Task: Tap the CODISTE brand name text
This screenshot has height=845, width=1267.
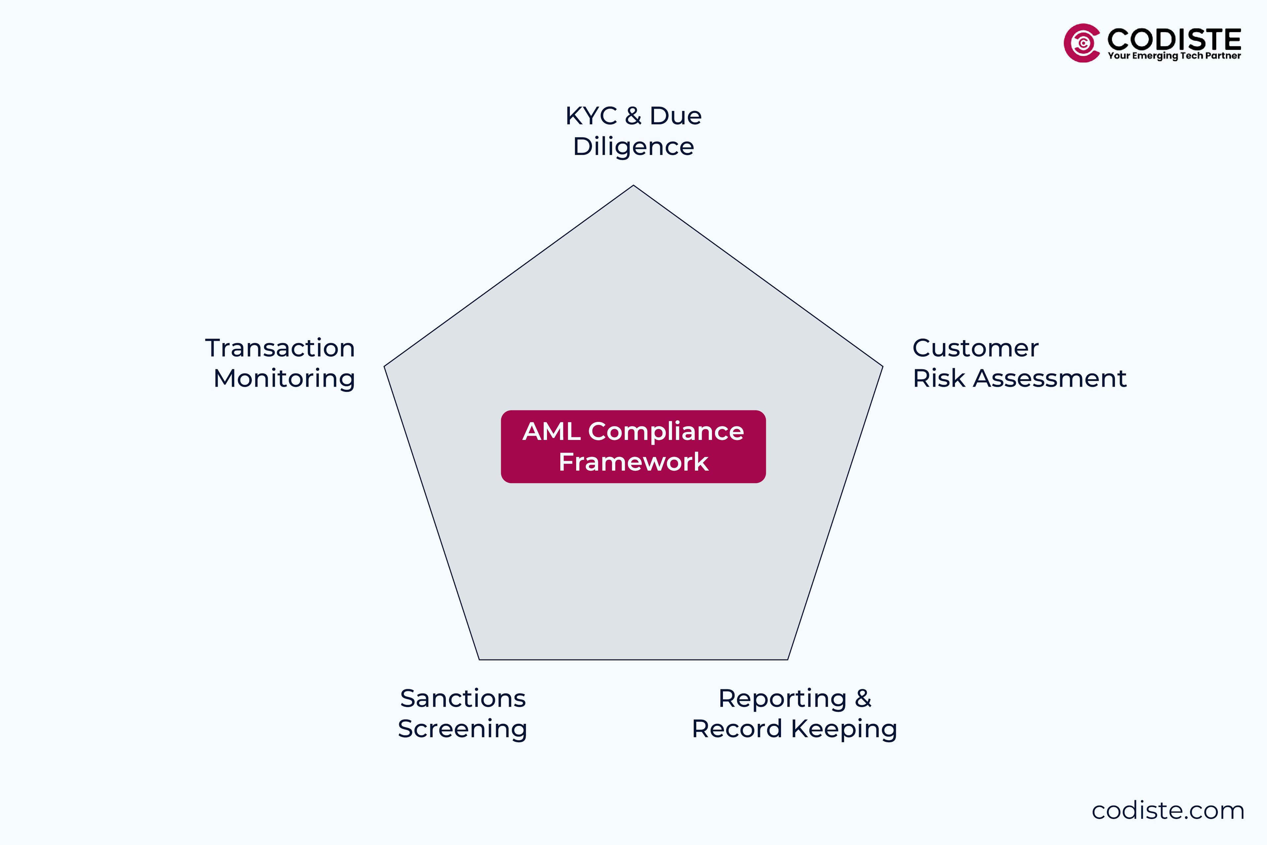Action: [1174, 39]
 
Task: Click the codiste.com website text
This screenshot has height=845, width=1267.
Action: [1168, 811]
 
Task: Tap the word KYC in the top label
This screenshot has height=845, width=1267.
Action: [591, 116]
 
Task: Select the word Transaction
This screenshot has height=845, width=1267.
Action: [280, 348]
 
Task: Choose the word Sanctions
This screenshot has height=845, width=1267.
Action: [463, 698]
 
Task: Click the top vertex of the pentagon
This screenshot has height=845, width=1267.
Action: [633, 186]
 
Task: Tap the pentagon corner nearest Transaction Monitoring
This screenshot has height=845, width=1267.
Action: [385, 366]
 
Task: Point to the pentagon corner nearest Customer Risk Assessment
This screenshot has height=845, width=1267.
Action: [882, 366]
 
